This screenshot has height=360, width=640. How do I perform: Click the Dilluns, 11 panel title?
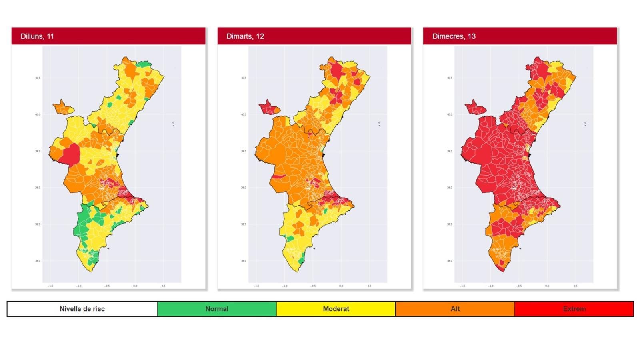pyautogui.click(x=37, y=36)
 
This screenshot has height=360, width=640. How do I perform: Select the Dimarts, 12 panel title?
pyautogui.click(x=245, y=36)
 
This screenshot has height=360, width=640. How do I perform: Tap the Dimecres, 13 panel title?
pyautogui.click(x=454, y=36)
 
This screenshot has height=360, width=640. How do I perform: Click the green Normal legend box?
pyautogui.click(x=216, y=309)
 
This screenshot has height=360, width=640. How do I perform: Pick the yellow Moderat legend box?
pyautogui.click(x=336, y=309)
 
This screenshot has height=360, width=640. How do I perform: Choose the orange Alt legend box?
pyautogui.click(x=455, y=309)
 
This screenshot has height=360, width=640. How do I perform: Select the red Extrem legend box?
pyautogui.click(x=574, y=309)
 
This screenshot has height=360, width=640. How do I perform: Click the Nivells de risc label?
pyautogui.click(x=82, y=309)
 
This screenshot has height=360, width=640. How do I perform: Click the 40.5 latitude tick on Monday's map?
pyautogui.click(x=38, y=78)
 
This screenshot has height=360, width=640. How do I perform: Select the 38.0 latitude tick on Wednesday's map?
pyautogui.click(x=450, y=261)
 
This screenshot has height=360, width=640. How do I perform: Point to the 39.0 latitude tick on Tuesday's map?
pyautogui.click(x=244, y=188)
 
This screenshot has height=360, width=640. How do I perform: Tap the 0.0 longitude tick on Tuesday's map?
pyautogui.click(x=341, y=286)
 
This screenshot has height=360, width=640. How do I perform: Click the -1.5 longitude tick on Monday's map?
pyautogui.click(x=50, y=286)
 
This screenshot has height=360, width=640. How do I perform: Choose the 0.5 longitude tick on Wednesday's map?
pyautogui.click(x=575, y=286)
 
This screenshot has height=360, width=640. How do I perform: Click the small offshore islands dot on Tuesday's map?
pyautogui.click(x=379, y=123)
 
